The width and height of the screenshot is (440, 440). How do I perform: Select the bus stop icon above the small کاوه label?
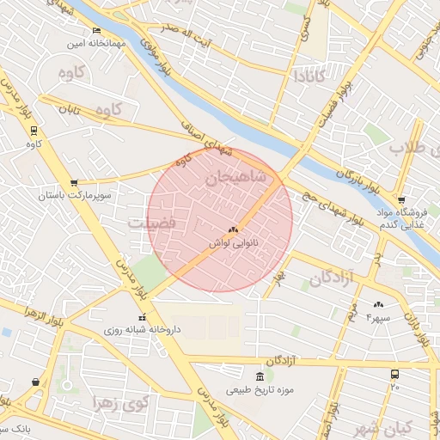pos(34,131)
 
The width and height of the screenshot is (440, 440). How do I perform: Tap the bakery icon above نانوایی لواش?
pos(233,230)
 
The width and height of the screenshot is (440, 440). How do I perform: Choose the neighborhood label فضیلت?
pos(152,223)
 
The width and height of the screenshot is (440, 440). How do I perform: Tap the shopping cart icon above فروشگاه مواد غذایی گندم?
pos(401,200)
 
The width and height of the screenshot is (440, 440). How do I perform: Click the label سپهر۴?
pos(378,318)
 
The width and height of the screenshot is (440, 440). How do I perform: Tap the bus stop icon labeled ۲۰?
pos(394,375)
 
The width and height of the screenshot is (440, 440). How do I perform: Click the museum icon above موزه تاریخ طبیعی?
pos(260,376)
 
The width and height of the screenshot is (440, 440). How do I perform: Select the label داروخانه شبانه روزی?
pos(142,329)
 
